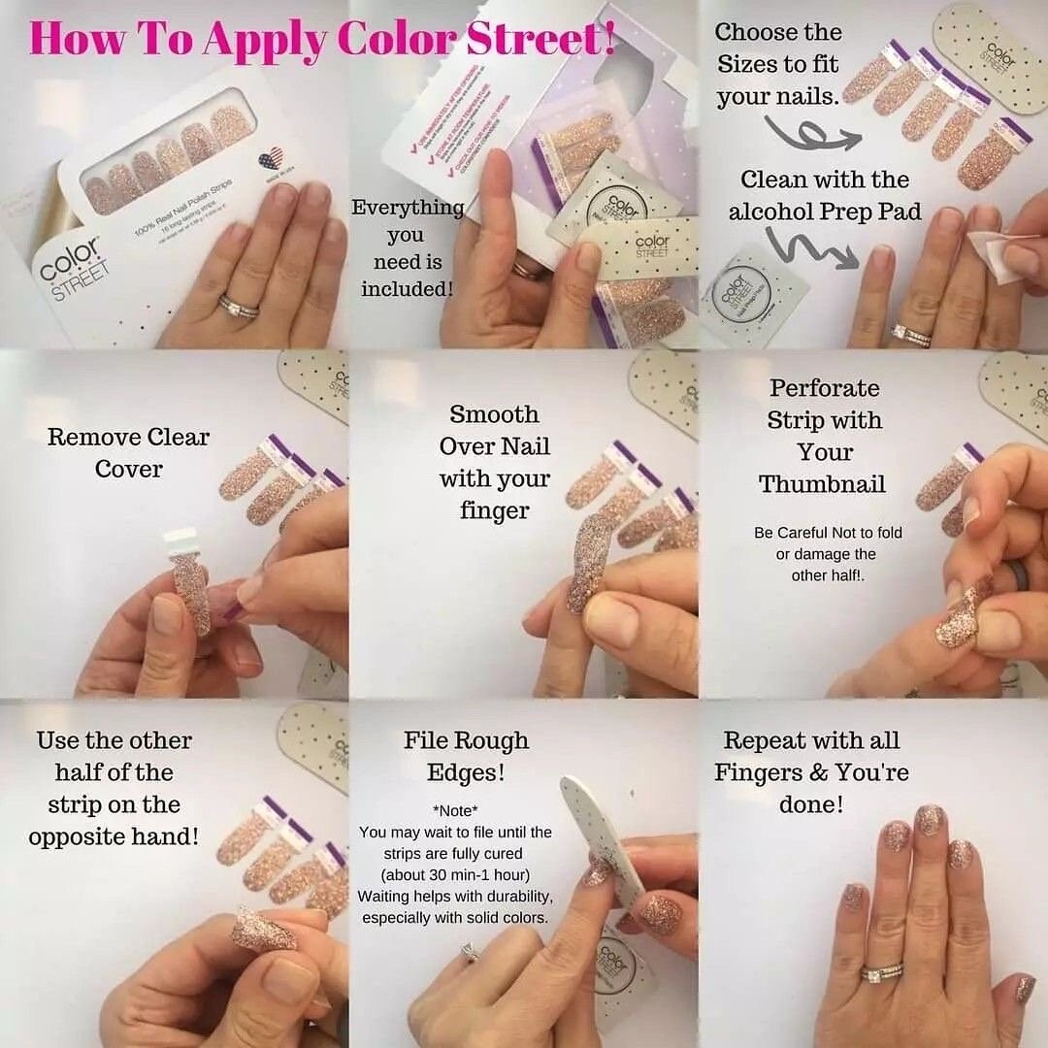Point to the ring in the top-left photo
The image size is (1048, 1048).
[x=238, y=308]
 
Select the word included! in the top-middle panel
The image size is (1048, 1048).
[x=408, y=289]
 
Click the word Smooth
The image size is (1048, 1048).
[x=494, y=414]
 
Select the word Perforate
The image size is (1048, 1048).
[x=824, y=388]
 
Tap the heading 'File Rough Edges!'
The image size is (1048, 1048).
[x=466, y=756]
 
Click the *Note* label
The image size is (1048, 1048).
[x=455, y=810]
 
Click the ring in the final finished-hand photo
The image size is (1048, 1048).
[x=883, y=972]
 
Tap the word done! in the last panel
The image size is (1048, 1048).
[x=811, y=804]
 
